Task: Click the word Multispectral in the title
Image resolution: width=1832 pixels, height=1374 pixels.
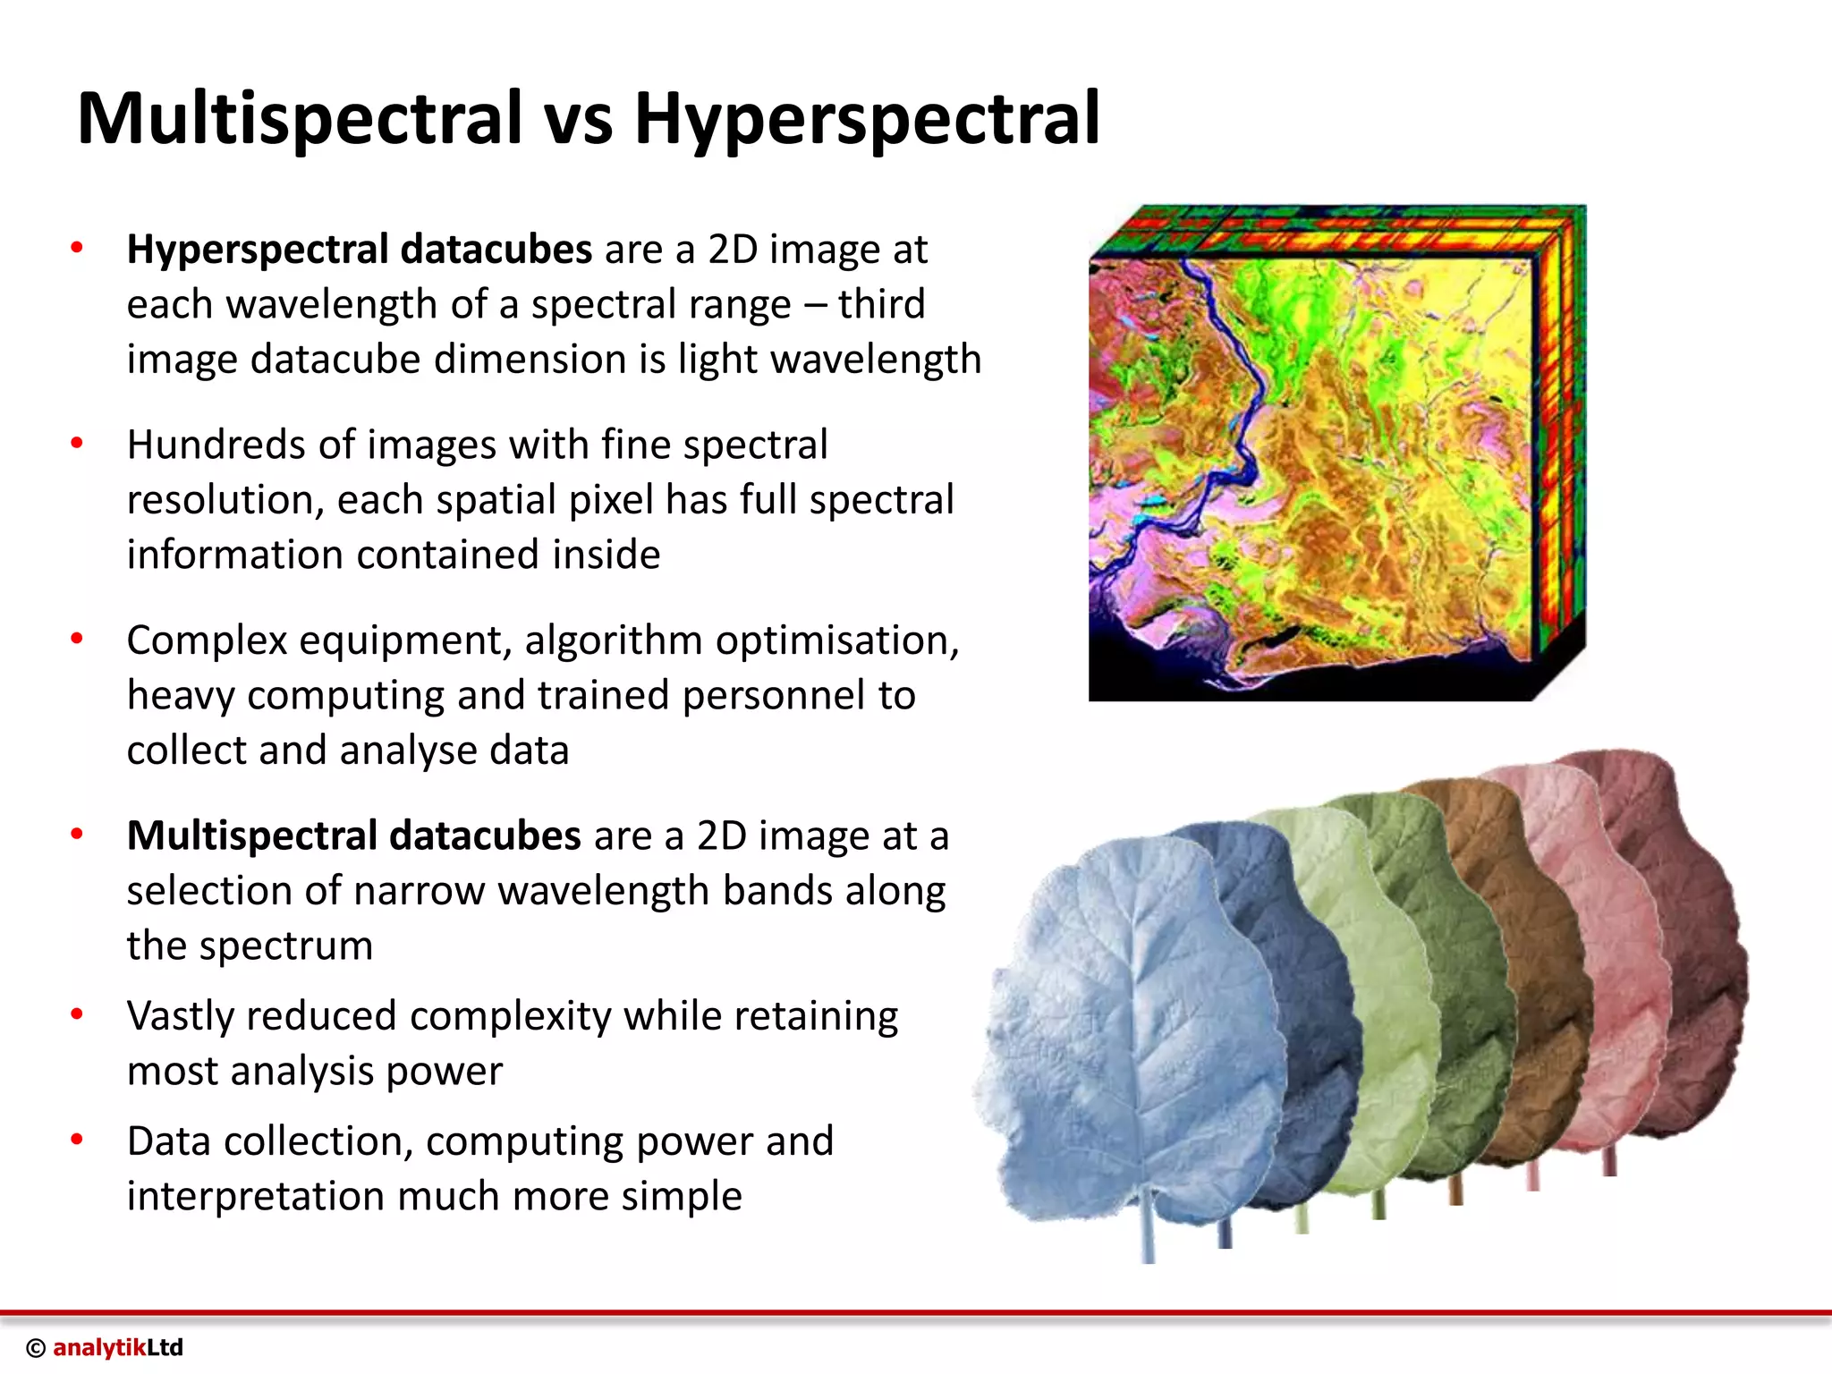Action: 300,118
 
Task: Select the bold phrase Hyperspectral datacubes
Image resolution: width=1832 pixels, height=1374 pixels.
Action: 359,250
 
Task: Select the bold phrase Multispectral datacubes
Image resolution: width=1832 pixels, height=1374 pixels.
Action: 353,835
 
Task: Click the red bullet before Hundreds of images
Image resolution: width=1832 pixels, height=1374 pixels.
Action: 77,443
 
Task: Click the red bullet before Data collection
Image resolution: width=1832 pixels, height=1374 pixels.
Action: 77,1140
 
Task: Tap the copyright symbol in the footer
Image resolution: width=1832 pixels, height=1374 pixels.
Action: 36,1349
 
